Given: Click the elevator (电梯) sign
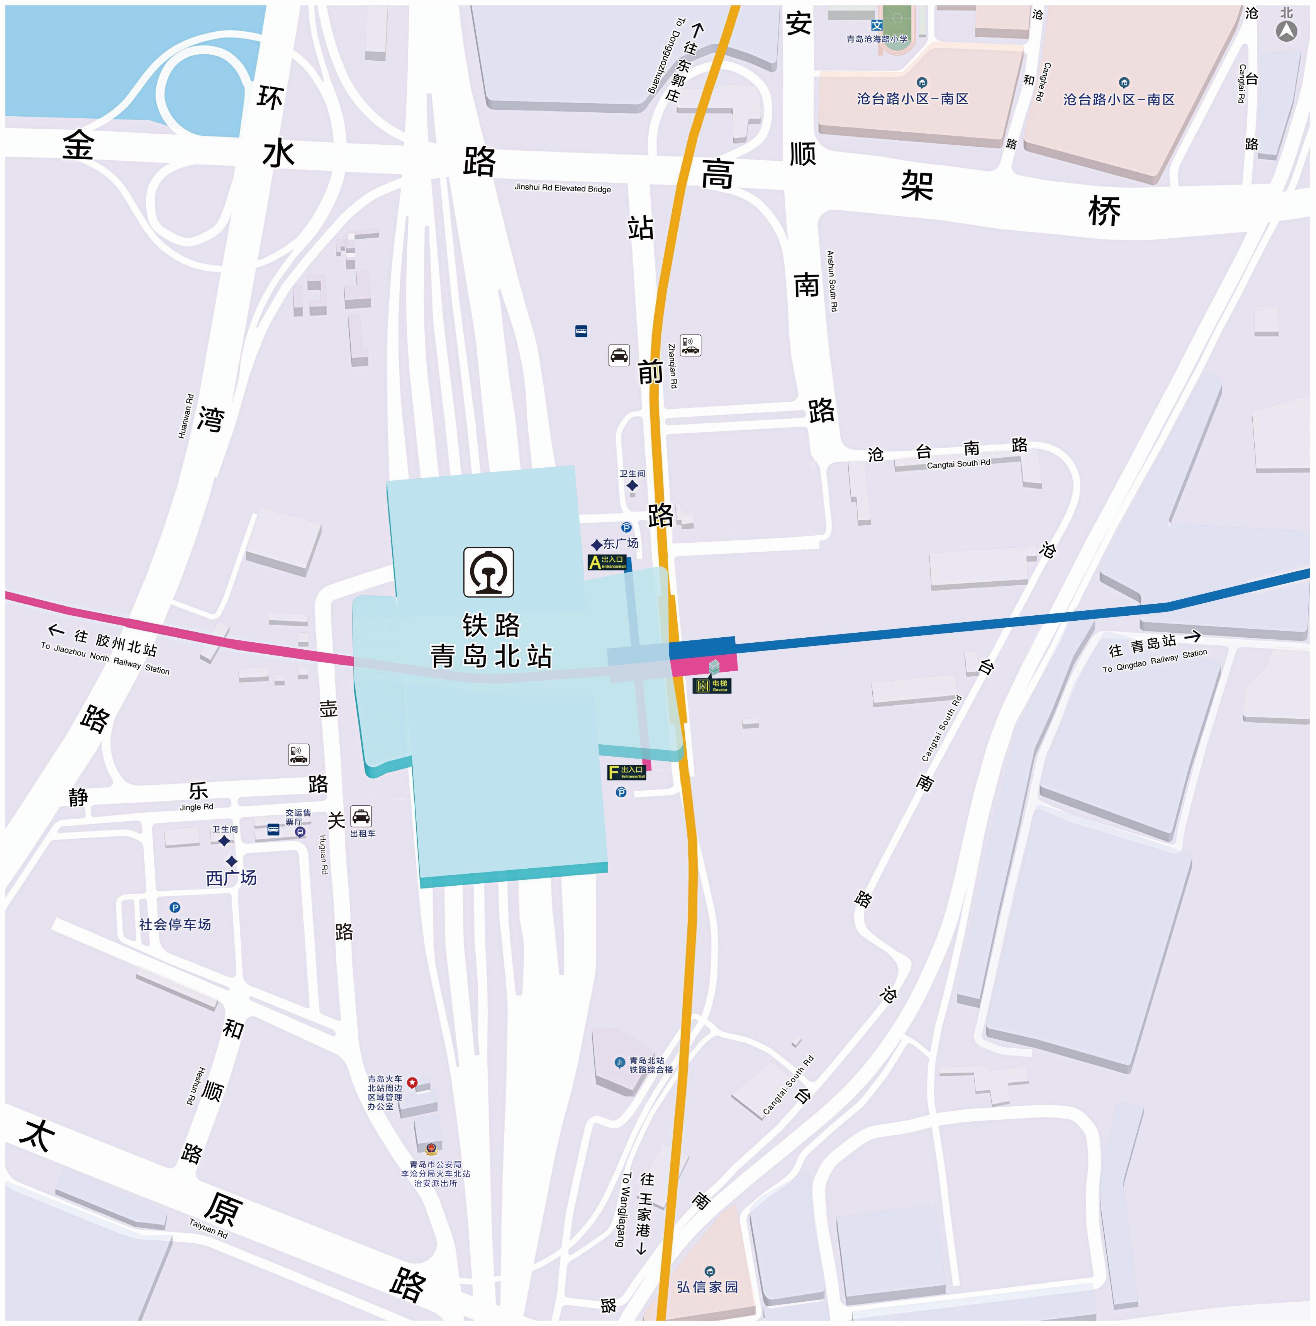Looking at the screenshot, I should pyautogui.click(x=712, y=685).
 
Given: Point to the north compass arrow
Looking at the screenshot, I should pyautogui.click(x=1286, y=31).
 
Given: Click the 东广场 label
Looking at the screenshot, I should pyautogui.click(x=620, y=543).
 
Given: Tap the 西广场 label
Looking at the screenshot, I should pyautogui.click(x=231, y=878).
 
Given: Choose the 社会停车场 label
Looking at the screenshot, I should pyautogui.click(x=175, y=925).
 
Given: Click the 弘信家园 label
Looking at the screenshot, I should pyautogui.click(x=707, y=1287).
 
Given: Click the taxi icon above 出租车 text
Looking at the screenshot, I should pyautogui.click(x=361, y=816).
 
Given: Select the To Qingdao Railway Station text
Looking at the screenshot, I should pyautogui.click(x=1154, y=661).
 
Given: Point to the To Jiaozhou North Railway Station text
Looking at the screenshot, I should pyautogui.click(x=105, y=657).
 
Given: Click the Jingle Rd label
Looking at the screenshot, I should pyautogui.click(x=196, y=806).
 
